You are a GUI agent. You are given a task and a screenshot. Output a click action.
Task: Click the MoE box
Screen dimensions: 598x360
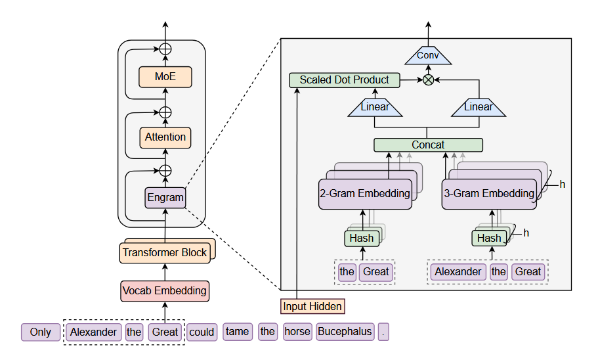click(165, 77)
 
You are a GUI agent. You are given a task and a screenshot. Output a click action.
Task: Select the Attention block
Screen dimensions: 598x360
click(165, 137)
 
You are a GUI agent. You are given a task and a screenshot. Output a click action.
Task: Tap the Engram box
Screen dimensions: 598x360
click(165, 198)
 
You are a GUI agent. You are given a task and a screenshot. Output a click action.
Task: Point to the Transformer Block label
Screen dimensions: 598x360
click(165, 253)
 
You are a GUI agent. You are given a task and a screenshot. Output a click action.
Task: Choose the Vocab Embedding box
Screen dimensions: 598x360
click(165, 291)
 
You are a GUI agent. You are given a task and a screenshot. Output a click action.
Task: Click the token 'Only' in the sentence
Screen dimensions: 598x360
click(41, 332)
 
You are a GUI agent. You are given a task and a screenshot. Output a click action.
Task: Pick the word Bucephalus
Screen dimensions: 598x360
click(345, 332)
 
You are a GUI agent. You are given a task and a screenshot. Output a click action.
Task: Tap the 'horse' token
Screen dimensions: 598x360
click(297, 332)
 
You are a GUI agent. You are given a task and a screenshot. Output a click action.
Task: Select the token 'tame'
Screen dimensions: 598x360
click(237, 332)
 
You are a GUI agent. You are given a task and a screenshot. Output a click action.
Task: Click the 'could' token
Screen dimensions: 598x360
click(202, 332)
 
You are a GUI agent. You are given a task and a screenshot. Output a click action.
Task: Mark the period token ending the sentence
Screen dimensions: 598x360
click(383, 332)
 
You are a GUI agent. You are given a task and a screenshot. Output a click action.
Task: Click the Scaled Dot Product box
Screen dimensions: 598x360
click(345, 80)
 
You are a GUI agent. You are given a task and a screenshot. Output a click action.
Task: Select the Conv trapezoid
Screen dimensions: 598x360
click(428, 56)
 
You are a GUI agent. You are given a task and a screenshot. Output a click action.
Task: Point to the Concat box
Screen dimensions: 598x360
click(428, 145)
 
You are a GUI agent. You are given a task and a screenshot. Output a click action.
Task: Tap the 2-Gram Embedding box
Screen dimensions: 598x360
click(365, 194)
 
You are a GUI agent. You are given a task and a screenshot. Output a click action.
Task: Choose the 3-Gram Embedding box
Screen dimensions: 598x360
click(489, 194)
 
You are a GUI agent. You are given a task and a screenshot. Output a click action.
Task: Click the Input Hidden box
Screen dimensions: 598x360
click(312, 307)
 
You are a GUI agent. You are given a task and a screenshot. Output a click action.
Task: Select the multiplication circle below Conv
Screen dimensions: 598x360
click(428, 79)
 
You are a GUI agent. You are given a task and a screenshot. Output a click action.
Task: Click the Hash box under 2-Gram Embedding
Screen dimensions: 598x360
click(362, 238)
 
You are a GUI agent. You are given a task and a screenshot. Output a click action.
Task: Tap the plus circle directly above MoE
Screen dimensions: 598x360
click(165, 49)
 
